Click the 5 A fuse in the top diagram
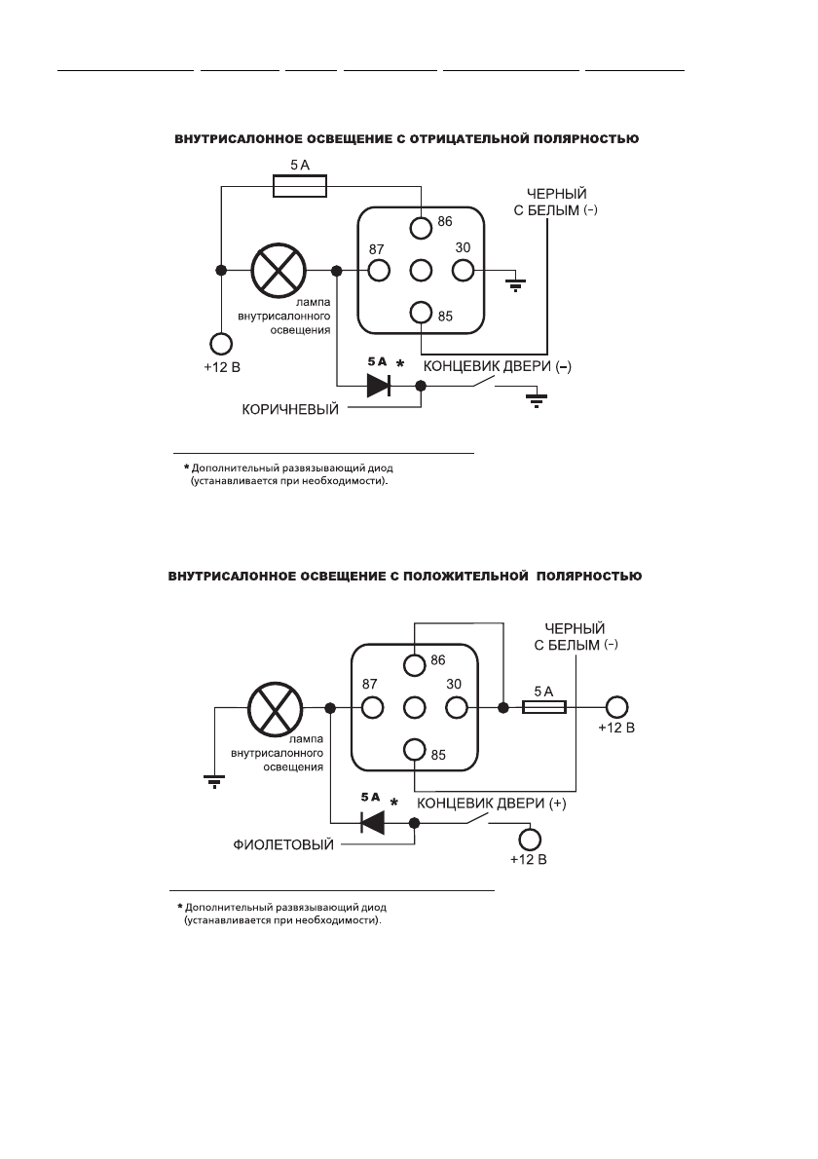(300, 187)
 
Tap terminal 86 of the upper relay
(421, 227)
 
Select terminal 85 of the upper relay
(421, 313)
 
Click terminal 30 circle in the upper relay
(463, 270)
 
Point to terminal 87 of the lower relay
(370, 708)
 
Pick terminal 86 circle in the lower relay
(415, 665)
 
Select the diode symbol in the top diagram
(377, 386)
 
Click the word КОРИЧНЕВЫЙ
(290, 410)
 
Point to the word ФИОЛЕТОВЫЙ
(280, 845)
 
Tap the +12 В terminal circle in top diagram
(221, 344)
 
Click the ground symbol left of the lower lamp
(213, 780)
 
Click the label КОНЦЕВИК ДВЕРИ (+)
(492, 804)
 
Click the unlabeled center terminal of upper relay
(421, 270)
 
